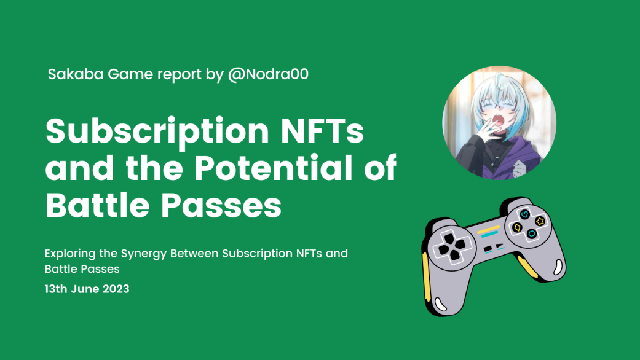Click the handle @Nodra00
(x=268, y=74)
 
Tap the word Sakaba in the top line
(x=76, y=74)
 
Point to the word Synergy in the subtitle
(x=144, y=254)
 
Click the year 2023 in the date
(x=116, y=289)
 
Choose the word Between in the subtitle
(x=194, y=254)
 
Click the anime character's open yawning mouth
(x=497, y=121)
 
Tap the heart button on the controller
(x=524, y=214)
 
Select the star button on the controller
(x=540, y=221)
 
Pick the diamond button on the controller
(x=517, y=227)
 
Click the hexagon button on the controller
(x=532, y=234)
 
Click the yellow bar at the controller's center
(x=489, y=230)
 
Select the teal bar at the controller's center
(x=490, y=235)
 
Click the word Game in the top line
(x=130, y=74)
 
